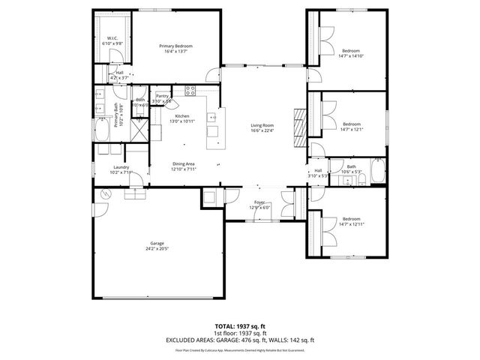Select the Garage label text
156,243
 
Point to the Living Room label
262,125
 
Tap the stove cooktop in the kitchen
190,92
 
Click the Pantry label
162,96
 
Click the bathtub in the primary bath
101,133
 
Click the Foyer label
259,202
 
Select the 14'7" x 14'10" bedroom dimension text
351,55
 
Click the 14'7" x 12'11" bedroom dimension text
350,224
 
